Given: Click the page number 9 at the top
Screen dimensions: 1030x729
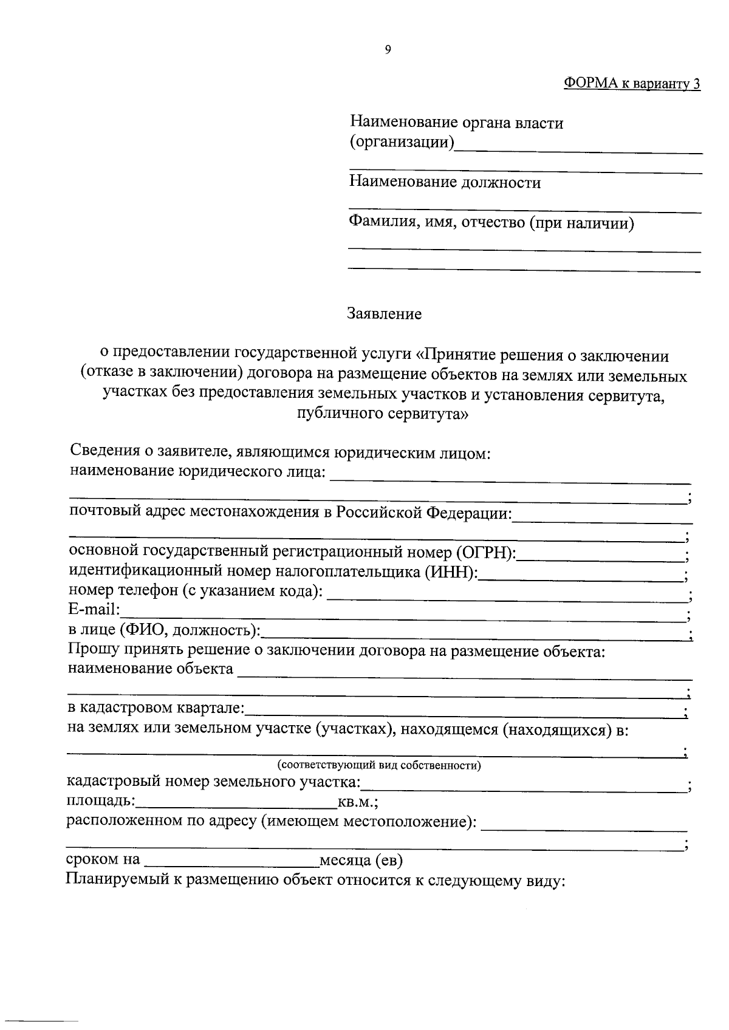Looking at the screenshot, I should point(388,50).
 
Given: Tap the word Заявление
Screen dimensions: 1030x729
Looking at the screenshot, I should point(384,314).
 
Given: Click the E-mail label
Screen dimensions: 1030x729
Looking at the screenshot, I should point(94,610).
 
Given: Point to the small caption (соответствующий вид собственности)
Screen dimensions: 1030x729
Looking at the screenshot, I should point(379,765).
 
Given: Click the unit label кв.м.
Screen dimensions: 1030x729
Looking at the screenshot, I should point(357,802).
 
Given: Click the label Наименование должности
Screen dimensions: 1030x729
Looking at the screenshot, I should point(445,182).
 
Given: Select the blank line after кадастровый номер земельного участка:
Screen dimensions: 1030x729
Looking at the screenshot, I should point(522,787).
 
